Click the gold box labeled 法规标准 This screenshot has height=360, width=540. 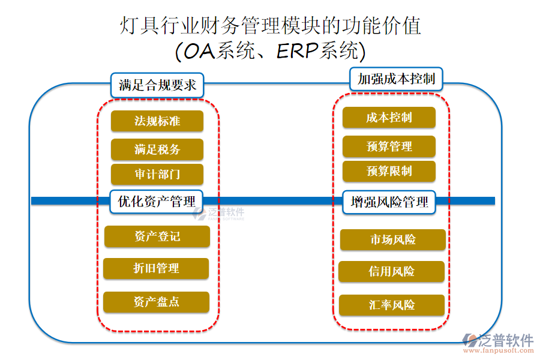157,121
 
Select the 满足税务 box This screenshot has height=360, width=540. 157,149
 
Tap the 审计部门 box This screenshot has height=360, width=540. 157,175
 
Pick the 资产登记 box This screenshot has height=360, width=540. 157,236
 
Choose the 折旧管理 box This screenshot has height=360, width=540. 156,269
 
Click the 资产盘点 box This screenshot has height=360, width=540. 156,302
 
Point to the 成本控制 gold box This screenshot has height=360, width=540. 389,118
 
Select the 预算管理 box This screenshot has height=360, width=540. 389,146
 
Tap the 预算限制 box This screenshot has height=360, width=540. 389,171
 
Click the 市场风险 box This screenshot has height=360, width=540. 393,240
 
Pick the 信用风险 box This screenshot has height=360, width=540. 391,272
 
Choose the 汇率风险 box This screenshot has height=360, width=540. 391,305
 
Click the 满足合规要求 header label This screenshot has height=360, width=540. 157,85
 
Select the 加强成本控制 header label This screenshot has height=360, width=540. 396,79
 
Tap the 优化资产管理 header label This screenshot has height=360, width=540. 157,202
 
